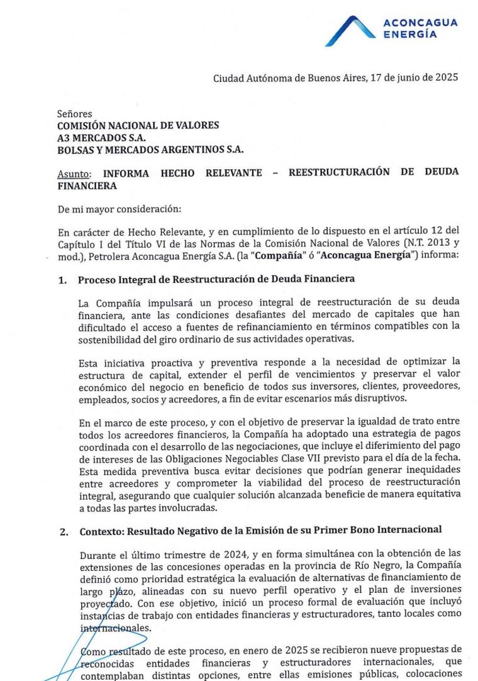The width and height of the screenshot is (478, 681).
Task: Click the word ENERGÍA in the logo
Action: (409, 35)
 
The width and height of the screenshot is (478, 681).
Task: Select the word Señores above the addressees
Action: (74, 114)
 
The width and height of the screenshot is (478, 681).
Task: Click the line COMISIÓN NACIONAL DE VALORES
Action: (138, 125)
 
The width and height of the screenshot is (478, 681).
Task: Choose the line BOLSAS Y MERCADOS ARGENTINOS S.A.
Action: (150, 149)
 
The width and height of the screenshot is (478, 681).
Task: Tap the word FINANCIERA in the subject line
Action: (87, 185)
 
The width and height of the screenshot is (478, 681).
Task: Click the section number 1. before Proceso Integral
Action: (62, 279)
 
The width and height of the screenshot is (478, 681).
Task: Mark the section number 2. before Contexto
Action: (63, 531)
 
